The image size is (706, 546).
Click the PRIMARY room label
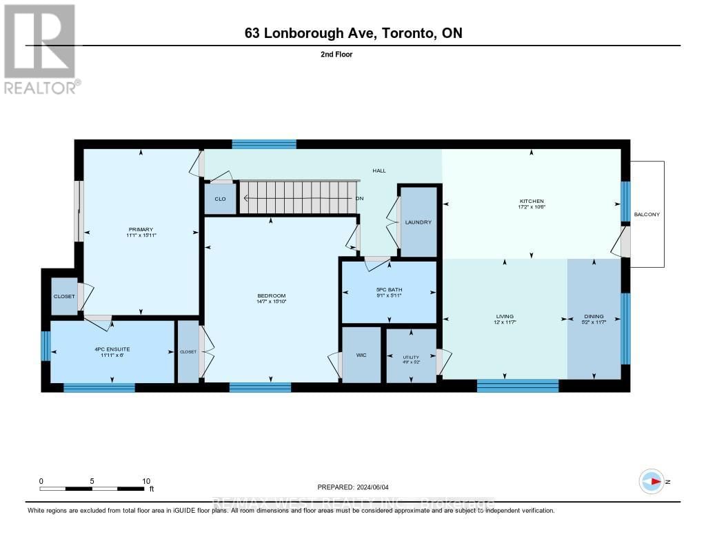tap(140, 229)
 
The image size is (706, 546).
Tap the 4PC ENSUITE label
tap(112, 349)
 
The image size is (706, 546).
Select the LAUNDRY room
tap(418, 222)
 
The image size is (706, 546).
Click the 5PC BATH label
tap(389, 289)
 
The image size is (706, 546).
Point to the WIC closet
tap(361, 355)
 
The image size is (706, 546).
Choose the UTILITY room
tap(411, 355)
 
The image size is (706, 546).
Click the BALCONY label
tap(647, 214)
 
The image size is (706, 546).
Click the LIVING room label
tap(505, 316)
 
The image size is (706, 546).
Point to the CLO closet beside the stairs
tap(220, 198)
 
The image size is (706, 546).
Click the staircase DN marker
tap(359, 199)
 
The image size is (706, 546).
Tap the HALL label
tap(379, 170)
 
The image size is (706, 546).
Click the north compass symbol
tap(652, 481)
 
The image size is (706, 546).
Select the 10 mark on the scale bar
tap(145, 481)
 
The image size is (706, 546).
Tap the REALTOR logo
tap(41, 48)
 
